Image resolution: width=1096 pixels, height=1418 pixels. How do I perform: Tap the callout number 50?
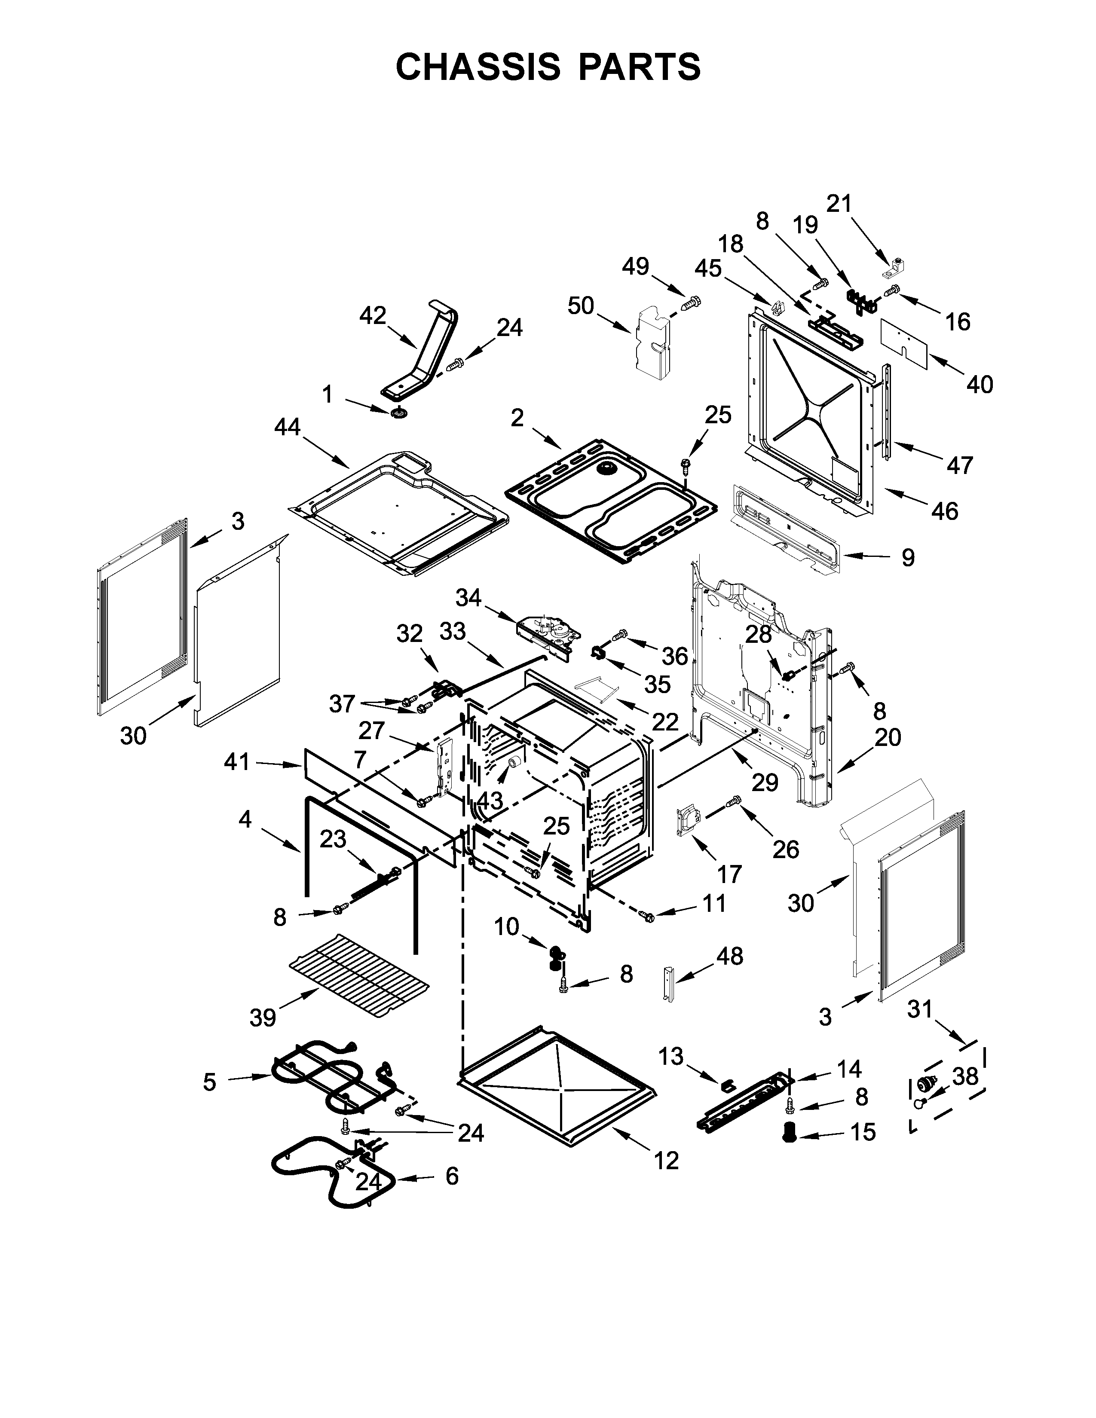581,305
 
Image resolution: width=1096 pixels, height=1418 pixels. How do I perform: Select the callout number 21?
839,203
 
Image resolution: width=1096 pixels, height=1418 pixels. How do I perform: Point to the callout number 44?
288,427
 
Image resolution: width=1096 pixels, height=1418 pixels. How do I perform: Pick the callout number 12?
666,1160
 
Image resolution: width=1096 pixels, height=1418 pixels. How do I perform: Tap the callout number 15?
863,1132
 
